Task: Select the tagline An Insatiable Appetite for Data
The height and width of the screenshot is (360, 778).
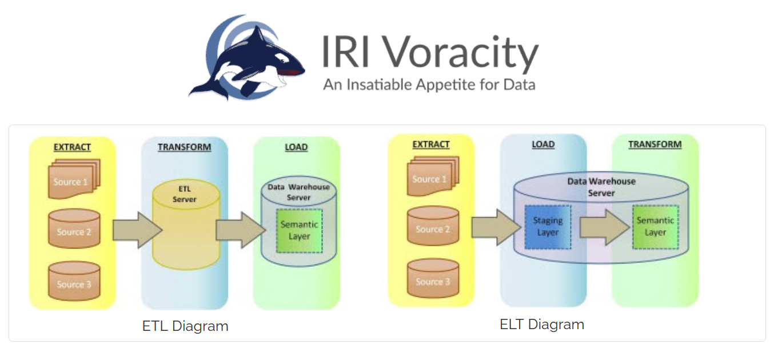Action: click(429, 85)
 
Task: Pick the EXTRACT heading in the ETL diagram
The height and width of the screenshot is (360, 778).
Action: click(72, 147)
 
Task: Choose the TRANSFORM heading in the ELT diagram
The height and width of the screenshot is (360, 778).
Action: click(655, 144)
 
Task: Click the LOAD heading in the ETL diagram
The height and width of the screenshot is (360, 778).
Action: click(296, 147)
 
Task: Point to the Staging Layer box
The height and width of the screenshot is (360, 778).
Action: click(548, 226)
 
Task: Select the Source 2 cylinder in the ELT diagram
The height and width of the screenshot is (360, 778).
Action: click(433, 229)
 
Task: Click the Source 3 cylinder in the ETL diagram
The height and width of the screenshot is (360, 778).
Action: click(74, 283)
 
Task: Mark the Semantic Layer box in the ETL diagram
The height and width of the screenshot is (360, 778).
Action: click(299, 230)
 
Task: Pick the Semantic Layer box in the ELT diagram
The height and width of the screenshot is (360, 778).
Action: click(656, 226)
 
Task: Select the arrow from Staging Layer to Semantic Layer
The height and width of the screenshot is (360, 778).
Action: click(603, 226)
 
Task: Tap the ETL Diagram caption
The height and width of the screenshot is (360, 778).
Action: click(185, 326)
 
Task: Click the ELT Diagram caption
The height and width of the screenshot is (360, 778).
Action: click(542, 325)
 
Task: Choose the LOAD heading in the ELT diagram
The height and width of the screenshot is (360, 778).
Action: click(543, 144)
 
